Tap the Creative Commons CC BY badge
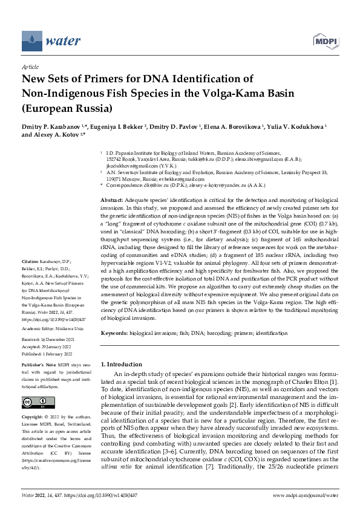[34, 403]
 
